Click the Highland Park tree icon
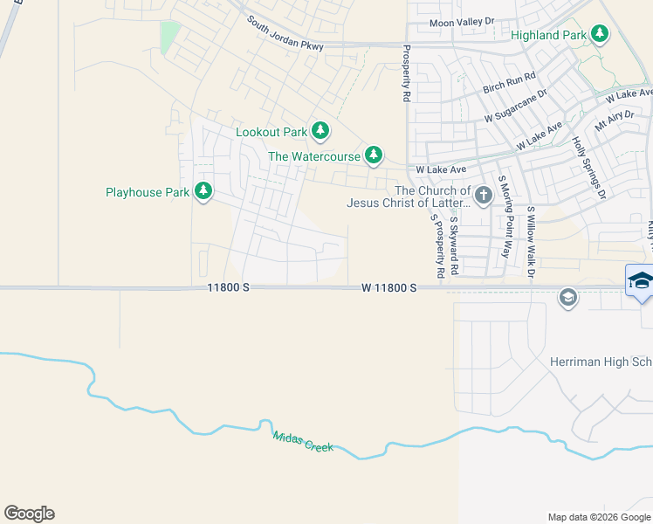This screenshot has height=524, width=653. (x=599, y=34)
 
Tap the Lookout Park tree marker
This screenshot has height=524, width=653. (x=320, y=132)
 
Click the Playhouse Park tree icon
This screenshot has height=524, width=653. (x=203, y=191)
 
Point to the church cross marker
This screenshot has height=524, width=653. (x=484, y=192)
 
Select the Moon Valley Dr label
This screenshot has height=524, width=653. (x=462, y=22)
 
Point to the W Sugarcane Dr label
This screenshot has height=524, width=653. (x=515, y=106)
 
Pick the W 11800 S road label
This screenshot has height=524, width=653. (x=388, y=287)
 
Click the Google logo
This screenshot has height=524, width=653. (x=29, y=514)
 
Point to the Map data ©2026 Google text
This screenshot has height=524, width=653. (x=599, y=517)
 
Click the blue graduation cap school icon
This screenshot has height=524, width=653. (x=640, y=280)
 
